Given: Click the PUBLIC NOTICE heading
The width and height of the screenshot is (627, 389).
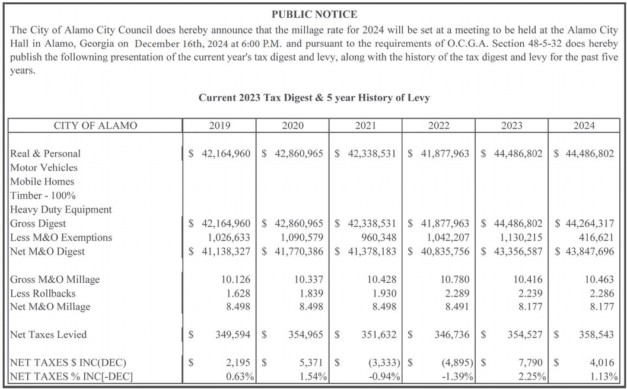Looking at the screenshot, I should click(x=314, y=14).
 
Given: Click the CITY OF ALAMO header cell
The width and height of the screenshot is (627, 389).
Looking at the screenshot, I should click(x=95, y=126).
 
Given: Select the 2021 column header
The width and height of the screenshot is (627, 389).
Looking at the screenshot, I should click(x=365, y=126).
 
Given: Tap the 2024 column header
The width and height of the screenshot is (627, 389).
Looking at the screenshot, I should click(x=584, y=126).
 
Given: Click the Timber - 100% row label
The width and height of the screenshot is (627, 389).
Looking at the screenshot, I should click(x=43, y=196).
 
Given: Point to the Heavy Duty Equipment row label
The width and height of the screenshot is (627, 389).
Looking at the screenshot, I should click(x=61, y=209).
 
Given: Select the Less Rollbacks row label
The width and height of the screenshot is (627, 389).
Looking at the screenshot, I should click(x=43, y=294).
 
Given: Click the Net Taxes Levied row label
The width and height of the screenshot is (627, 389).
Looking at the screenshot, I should click(x=48, y=335).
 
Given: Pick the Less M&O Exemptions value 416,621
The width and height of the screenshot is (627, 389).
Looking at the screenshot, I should click(x=595, y=238).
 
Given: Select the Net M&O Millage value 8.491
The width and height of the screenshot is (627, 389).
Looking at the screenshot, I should click(x=457, y=307).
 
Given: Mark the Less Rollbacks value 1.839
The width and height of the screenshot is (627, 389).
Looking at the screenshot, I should click(x=311, y=294).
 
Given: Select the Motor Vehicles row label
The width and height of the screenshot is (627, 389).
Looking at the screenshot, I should click(x=44, y=168).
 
